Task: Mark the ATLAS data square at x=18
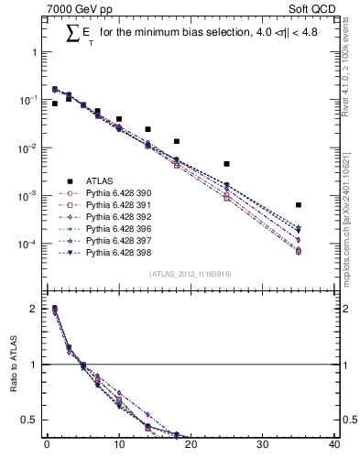(176, 142)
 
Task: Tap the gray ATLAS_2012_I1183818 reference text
(190, 274)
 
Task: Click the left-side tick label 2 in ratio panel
(34, 310)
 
